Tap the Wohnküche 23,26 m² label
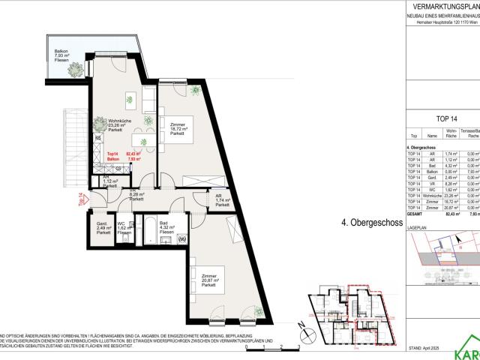[x=115, y=125]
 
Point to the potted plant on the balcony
[x=75, y=68]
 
